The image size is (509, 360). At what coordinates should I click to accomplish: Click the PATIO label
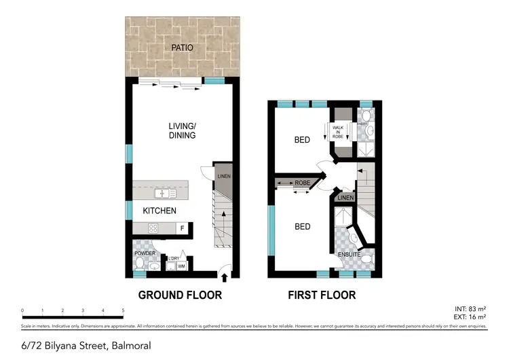(x=182, y=48)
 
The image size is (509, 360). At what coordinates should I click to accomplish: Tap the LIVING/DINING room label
(x=182, y=130)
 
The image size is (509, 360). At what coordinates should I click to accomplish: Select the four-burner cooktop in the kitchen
(x=153, y=228)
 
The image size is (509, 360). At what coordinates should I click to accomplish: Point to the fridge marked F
(x=182, y=228)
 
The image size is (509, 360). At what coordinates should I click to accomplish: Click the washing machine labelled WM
(x=181, y=266)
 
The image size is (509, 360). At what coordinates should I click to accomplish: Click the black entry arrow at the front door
(x=224, y=276)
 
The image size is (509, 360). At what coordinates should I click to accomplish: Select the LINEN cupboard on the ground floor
(x=223, y=177)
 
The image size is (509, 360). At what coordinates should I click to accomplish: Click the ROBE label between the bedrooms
(x=303, y=182)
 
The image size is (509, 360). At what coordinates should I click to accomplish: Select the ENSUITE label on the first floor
(x=350, y=255)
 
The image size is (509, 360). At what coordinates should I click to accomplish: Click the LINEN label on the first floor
(x=345, y=198)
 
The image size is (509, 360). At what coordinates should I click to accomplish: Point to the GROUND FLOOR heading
(x=180, y=295)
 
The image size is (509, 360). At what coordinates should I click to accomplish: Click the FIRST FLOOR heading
(x=321, y=295)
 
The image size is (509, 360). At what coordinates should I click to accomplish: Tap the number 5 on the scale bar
(x=123, y=310)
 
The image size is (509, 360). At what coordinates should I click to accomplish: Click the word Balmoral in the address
(x=130, y=346)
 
